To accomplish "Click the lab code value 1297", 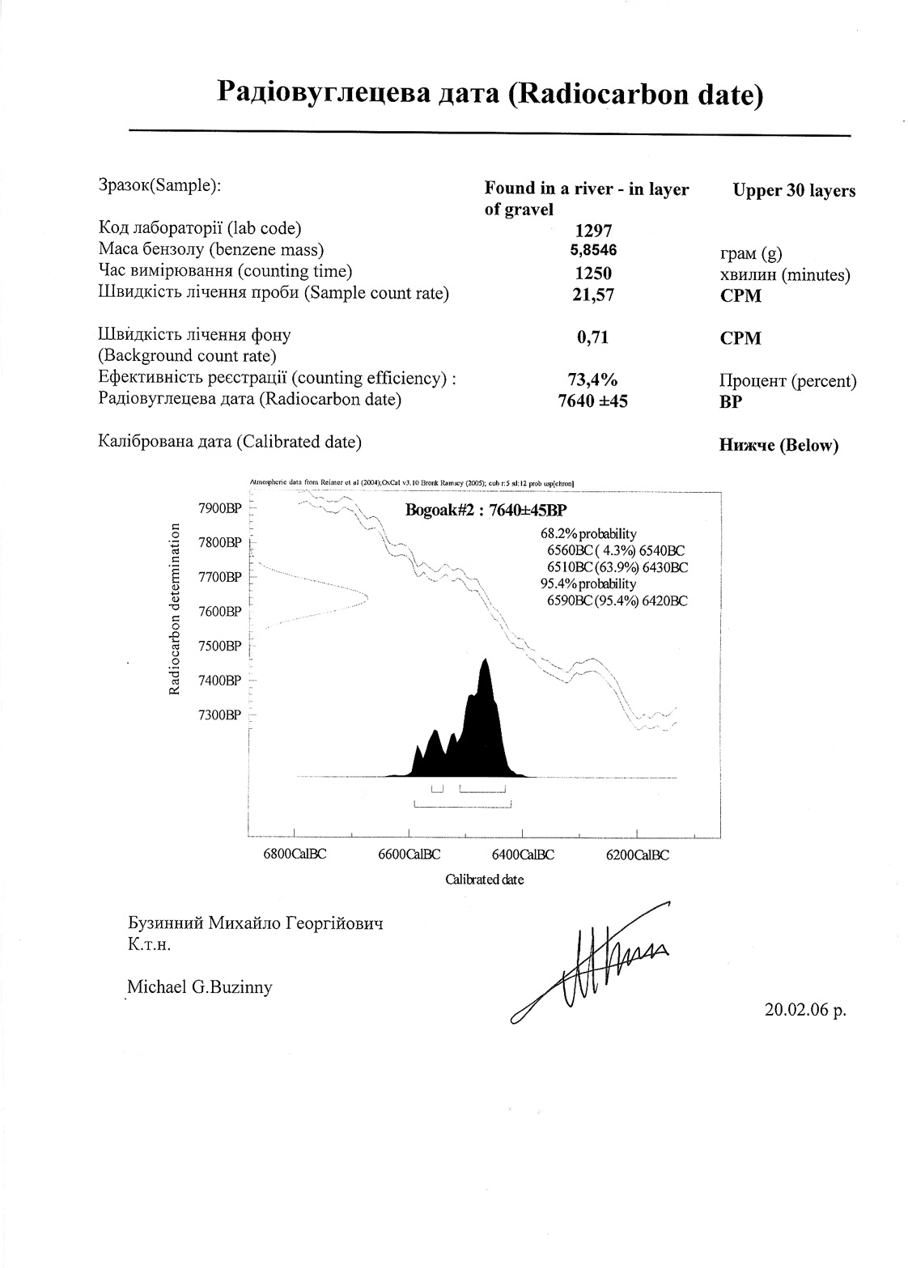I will pyautogui.click(x=592, y=231).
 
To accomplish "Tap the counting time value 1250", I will pyautogui.click(x=592, y=273).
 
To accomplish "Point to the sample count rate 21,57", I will pyautogui.click(x=592, y=295).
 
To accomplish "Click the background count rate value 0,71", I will pyautogui.click(x=592, y=337).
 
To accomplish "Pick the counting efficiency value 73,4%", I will pyautogui.click(x=592, y=380).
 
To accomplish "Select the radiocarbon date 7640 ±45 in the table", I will pyautogui.click(x=592, y=401).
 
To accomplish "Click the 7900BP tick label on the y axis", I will pyautogui.click(x=220, y=508).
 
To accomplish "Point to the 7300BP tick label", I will pyautogui.click(x=220, y=715).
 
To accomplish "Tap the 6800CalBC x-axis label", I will pyautogui.click(x=295, y=855).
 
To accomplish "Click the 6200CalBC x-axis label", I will pyautogui.click(x=638, y=855).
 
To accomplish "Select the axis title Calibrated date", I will pyautogui.click(x=484, y=880).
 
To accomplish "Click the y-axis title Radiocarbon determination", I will pyautogui.click(x=174, y=609).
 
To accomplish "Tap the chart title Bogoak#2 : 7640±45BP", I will pyautogui.click(x=485, y=510).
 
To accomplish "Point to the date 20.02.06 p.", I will pyautogui.click(x=804, y=1009).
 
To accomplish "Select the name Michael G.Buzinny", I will pyautogui.click(x=200, y=986).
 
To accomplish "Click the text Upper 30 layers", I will pyautogui.click(x=794, y=191).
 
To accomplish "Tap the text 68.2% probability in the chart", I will pyautogui.click(x=588, y=533).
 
